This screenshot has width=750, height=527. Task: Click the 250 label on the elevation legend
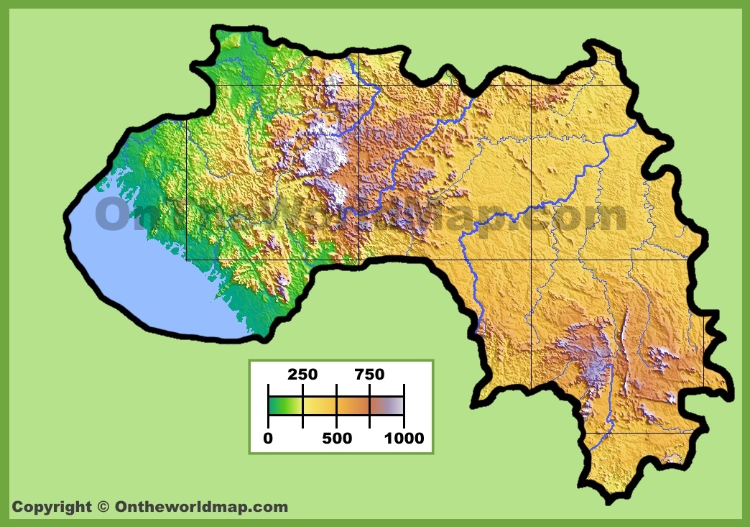pos(302,375)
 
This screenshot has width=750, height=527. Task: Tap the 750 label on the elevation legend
pos(369,375)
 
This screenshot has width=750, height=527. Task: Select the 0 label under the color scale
pos(268,438)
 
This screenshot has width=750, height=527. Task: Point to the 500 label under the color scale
pos(336,438)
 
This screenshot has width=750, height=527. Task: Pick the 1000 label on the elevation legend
pos(403,438)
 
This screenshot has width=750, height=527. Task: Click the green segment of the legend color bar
pos(285,406)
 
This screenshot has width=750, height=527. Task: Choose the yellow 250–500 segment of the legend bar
pos(319,406)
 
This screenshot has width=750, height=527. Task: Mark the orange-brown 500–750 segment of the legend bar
pos(353,406)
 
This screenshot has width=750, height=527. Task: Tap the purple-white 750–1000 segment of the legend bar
pos(386,406)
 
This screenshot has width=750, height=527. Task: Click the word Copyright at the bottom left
pos(52,507)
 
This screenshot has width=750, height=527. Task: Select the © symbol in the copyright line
pos(103,507)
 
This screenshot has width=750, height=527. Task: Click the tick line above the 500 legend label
pos(336,406)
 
